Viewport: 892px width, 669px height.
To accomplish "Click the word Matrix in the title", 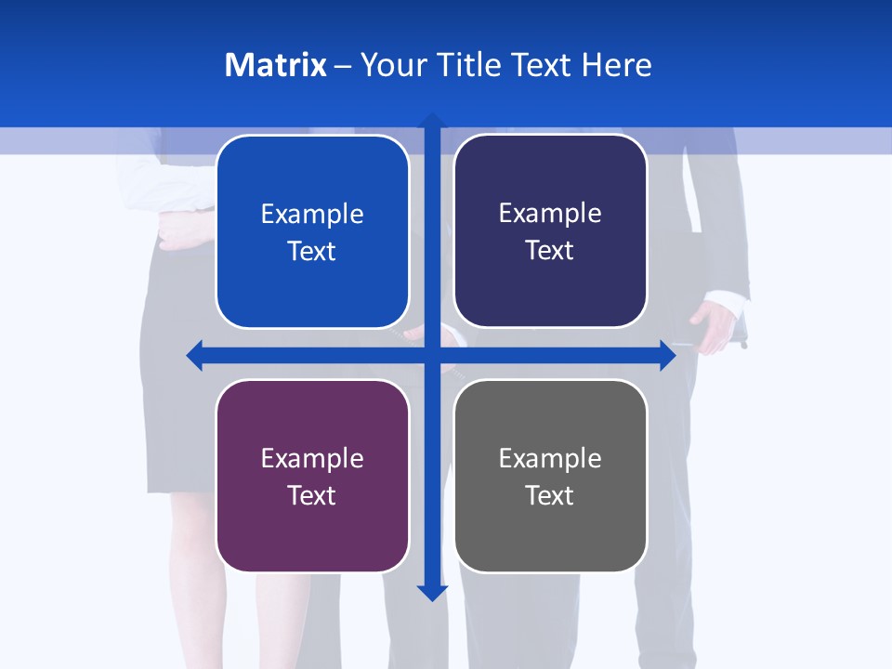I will tap(275, 65).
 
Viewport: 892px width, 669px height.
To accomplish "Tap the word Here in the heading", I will tap(617, 65).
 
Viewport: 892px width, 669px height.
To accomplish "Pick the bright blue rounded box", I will tap(312, 232).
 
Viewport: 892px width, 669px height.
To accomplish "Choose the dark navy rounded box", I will tap(550, 231).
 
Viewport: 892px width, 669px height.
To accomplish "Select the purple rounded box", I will tap(312, 476).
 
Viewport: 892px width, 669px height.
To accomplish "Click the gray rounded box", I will tap(550, 476).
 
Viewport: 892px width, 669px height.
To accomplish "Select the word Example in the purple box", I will tap(312, 458).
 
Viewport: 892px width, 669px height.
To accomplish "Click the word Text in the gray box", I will tap(550, 495).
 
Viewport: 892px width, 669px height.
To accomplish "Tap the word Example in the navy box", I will tap(550, 213).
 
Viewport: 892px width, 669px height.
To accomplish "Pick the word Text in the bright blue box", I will tap(312, 252).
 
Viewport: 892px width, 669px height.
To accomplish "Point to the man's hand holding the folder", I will tap(714, 328).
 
